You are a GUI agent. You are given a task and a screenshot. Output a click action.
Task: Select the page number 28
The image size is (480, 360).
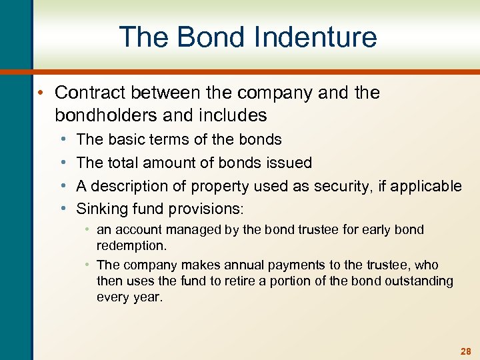pos(465,351)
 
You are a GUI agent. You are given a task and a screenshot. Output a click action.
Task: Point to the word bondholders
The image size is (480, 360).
pos(106,115)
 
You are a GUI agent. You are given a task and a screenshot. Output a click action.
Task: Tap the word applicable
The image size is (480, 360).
pos(427,186)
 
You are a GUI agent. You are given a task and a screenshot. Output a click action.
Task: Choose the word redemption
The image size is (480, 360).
pos(131,246)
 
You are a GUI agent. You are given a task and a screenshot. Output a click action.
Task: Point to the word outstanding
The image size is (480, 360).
pos(419,281)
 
